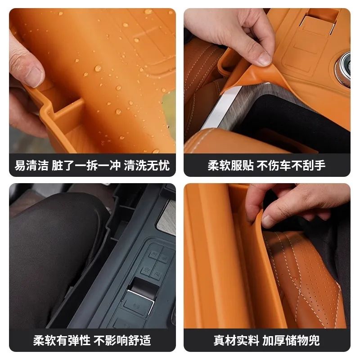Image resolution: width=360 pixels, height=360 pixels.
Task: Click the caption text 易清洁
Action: click(x=31, y=165)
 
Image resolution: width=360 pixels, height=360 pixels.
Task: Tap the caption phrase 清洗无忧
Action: click(x=147, y=165)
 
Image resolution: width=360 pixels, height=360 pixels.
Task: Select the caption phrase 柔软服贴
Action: click(x=230, y=165)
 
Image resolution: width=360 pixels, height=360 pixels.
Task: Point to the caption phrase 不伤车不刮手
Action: click(x=291, y=165)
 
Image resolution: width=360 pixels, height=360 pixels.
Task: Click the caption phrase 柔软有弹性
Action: click(x=62, y=340)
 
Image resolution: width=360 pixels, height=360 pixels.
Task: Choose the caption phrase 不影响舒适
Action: click(x=122, y=340)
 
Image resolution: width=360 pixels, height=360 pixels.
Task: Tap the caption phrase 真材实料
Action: click(x=236, y=340)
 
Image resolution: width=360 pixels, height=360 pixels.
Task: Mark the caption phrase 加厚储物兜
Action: click(x=291, y=340)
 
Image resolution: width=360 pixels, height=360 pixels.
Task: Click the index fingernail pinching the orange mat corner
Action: click(x=264, y=59)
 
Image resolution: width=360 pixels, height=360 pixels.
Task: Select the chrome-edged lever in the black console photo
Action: click(x=140, y=300)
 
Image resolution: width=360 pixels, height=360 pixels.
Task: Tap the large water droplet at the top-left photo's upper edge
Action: click(x=148, y=12)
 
